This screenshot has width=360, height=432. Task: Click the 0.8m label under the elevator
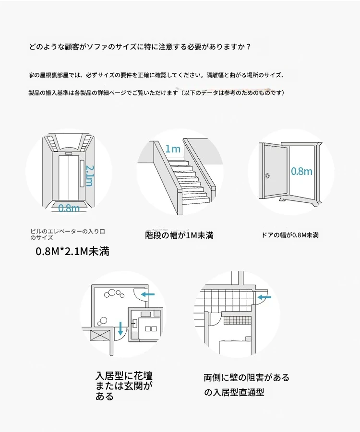click(69, 208)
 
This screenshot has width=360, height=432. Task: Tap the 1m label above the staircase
click(173, 149)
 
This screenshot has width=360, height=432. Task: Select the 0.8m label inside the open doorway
click(301, 171)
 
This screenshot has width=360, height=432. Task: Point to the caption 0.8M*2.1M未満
click(72, 251)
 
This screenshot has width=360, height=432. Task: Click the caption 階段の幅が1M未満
click(179, 235)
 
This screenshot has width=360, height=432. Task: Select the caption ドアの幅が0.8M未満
click(290, 235)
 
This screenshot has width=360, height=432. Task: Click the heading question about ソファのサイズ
click(140, 47)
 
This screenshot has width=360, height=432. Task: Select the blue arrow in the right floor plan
click(264, 298)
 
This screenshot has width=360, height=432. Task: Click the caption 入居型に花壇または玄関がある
click(124, 386)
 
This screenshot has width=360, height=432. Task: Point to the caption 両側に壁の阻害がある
click(246, 377)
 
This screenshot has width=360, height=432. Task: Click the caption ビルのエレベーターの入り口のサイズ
click(67, 234)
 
